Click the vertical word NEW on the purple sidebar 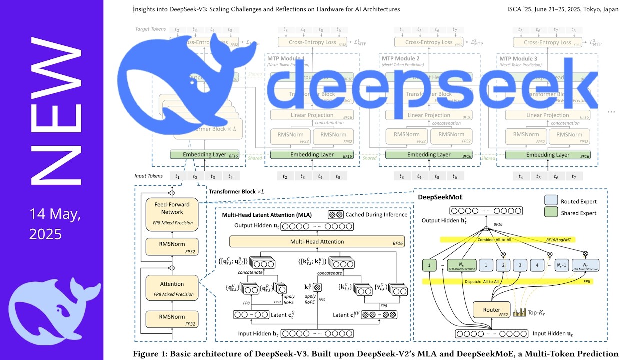[56, 111]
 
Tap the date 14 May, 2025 [54, 224]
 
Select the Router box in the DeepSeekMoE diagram [491, 310]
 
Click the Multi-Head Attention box [317, 242]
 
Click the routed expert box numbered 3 [520, 265]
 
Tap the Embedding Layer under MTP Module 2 [429, 155]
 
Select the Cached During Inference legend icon [335, 214]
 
